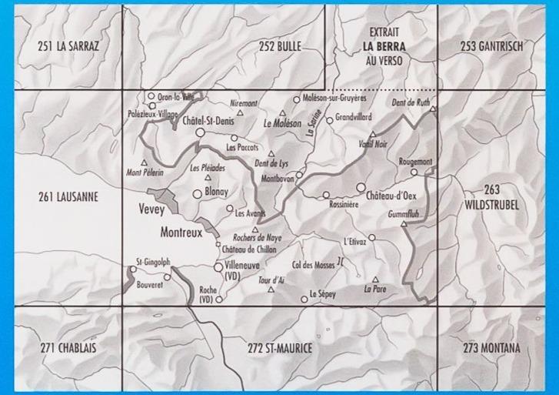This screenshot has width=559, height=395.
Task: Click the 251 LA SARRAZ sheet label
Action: tap(68, 47)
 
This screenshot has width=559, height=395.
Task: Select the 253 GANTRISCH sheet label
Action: tap(492, 47)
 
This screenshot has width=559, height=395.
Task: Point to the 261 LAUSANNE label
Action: tap(68, 196)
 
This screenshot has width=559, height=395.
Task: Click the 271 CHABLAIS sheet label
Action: tap(68, 349)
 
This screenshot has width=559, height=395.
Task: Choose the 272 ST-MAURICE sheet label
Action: tap(281, 349)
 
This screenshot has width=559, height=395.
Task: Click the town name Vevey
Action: tap(154, 209)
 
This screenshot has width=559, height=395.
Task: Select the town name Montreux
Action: tap(181, 231)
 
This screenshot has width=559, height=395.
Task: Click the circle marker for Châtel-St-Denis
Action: tap(201, 133)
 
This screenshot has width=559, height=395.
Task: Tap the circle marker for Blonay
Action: tap(198, 194)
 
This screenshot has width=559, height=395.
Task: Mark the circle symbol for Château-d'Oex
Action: tap(361, 187)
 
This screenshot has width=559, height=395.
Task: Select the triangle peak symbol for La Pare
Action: tap(375, 280)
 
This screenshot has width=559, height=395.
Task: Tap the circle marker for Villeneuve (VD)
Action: tap(218, 266)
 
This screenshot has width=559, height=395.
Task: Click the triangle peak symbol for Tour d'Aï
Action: tap(271, 290)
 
